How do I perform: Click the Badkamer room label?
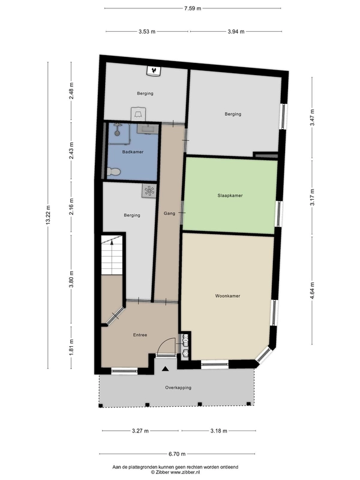[133, 152]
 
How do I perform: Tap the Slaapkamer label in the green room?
[230, 196]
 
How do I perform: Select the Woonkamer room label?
[227, 296]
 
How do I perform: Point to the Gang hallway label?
[169, 214]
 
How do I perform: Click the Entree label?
[140, 335]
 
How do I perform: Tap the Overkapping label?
[178, 388]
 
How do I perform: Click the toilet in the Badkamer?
[113, 172]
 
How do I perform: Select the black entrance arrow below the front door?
[166, 369]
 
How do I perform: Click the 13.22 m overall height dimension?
[48, 215]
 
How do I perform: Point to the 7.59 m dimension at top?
[193, 8]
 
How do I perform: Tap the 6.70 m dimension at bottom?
[176, 454]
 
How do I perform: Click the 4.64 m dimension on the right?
[312, 290]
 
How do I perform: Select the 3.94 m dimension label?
[236, 31]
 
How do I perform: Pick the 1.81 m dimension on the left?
[71, 347]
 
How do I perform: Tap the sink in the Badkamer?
[148, 129]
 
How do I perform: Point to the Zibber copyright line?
[175, 472]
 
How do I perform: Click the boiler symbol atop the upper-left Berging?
[153, 71]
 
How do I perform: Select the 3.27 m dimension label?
[140, 431]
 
